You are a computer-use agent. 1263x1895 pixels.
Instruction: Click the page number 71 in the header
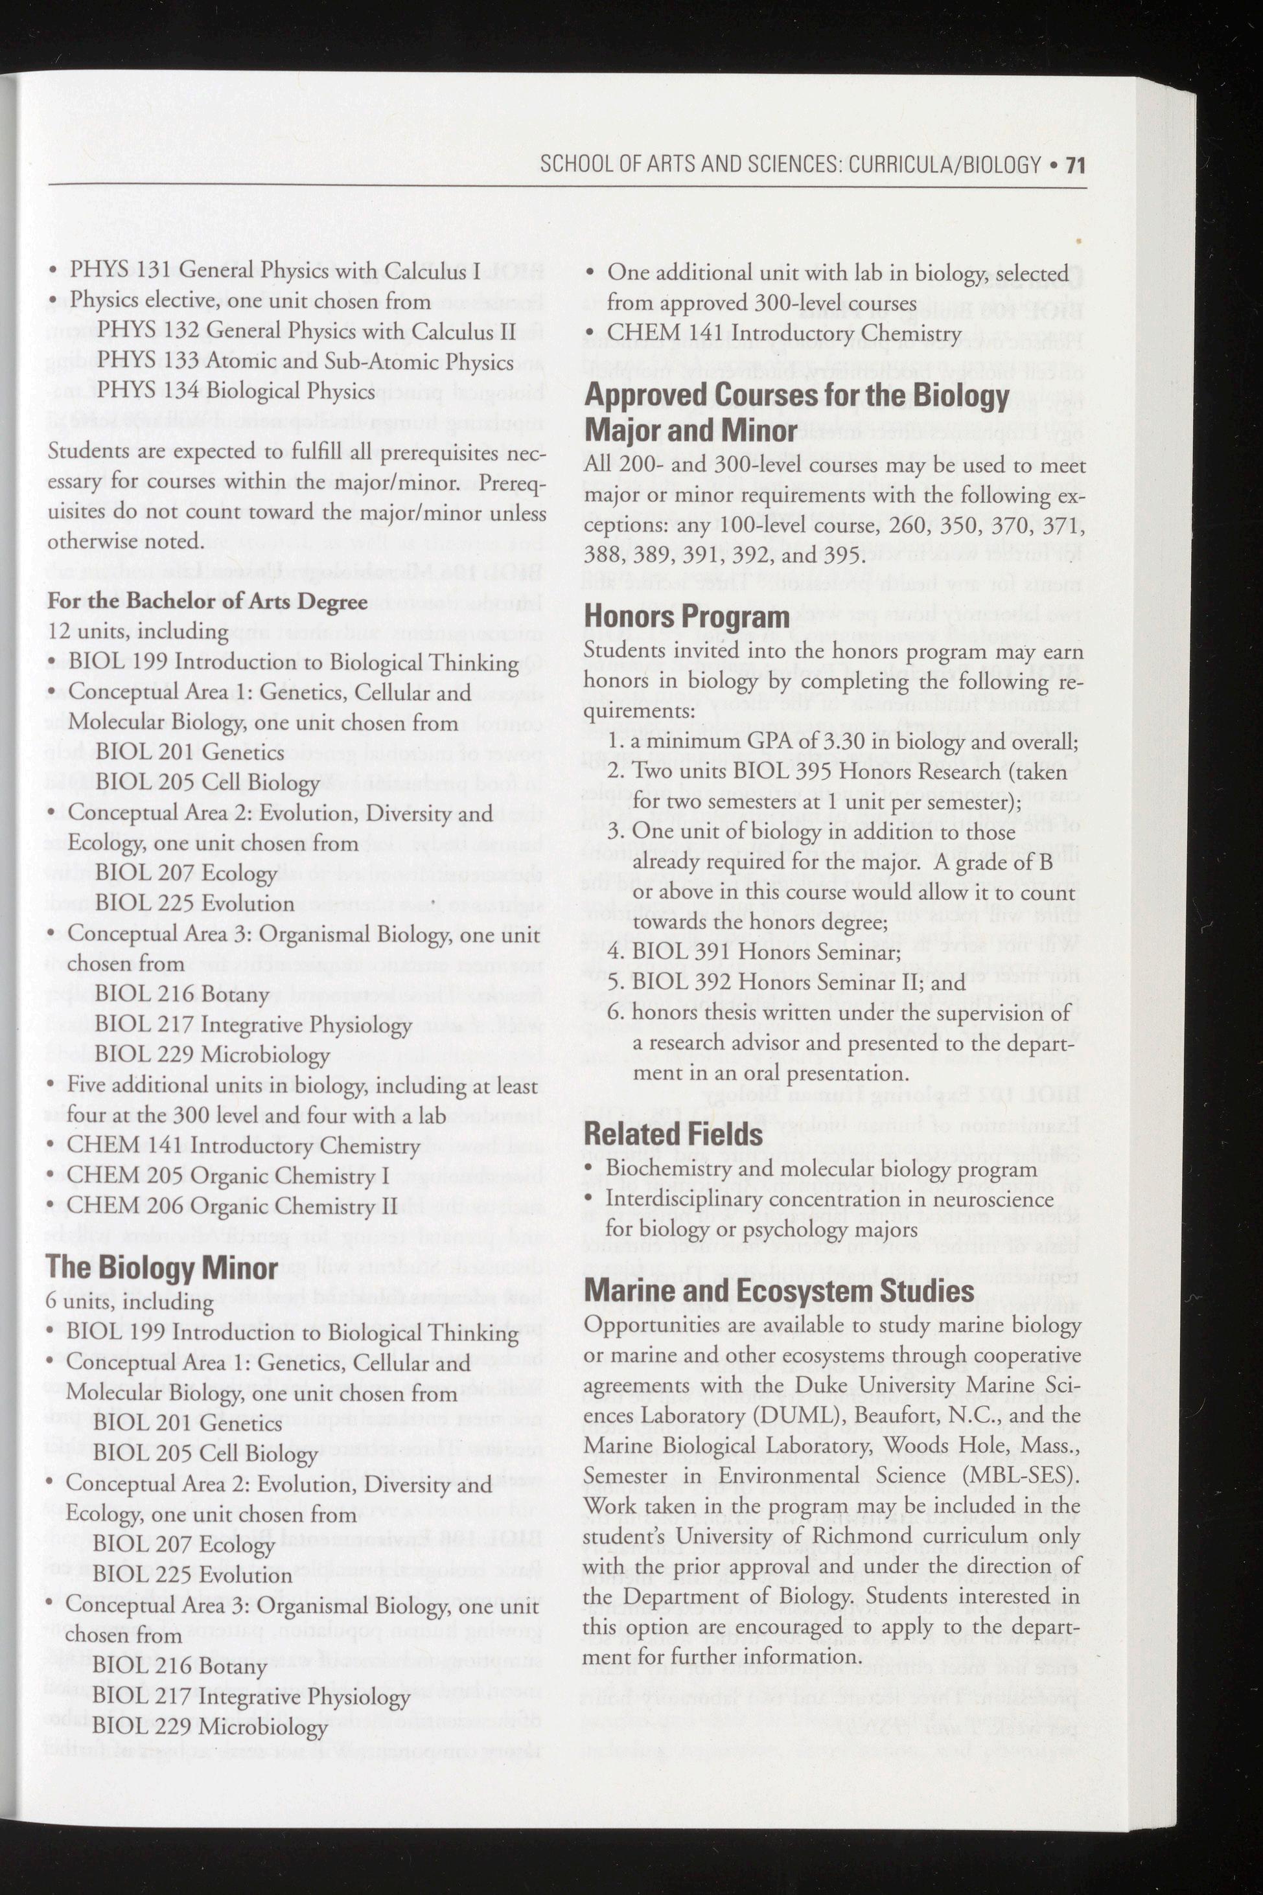point(1074,166)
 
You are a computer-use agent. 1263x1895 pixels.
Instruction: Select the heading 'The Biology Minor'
point(162,1268)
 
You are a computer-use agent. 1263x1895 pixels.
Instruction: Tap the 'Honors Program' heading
point(686,616)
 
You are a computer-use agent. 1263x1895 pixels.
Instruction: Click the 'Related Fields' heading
point(673,1134)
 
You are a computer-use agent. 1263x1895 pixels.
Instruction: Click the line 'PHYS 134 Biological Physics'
point(236,391)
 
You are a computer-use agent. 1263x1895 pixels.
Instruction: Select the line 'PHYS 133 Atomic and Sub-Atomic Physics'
point(305,362)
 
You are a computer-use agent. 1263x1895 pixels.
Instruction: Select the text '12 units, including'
point(138,632)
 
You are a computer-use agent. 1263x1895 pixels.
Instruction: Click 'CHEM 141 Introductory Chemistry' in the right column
point(783,334)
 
